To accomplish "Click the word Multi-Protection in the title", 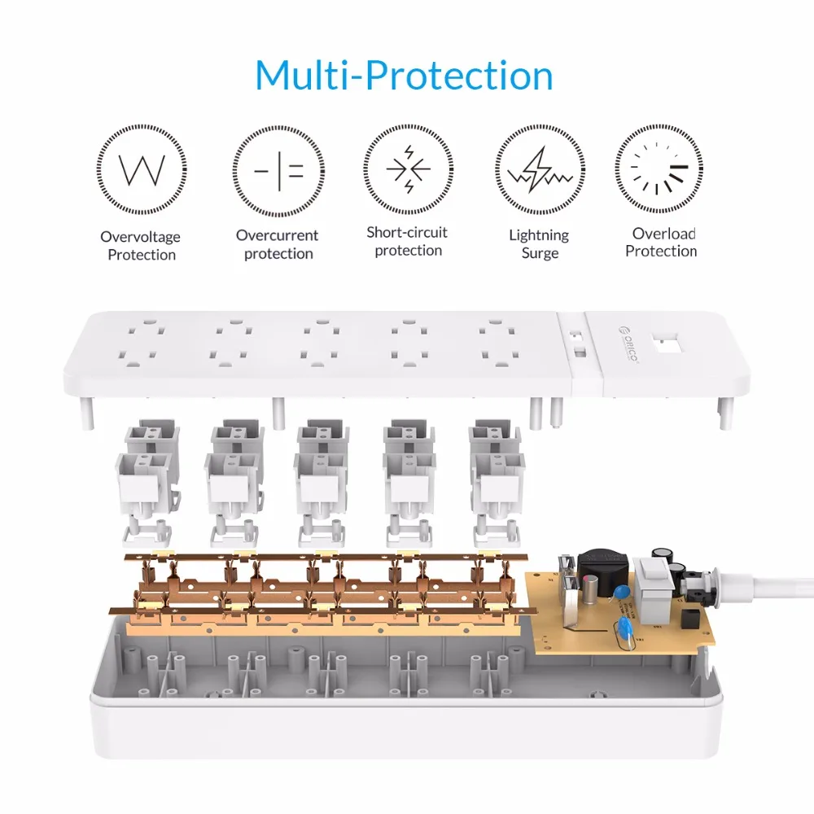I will coord(405,75).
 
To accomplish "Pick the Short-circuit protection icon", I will coord(408,169).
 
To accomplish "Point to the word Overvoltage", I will coord(140,237).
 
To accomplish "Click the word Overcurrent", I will coord(277,235).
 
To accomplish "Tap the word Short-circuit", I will coord(407,232).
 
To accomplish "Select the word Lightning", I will coord(539,235).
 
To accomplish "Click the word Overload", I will coord(664,234).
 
